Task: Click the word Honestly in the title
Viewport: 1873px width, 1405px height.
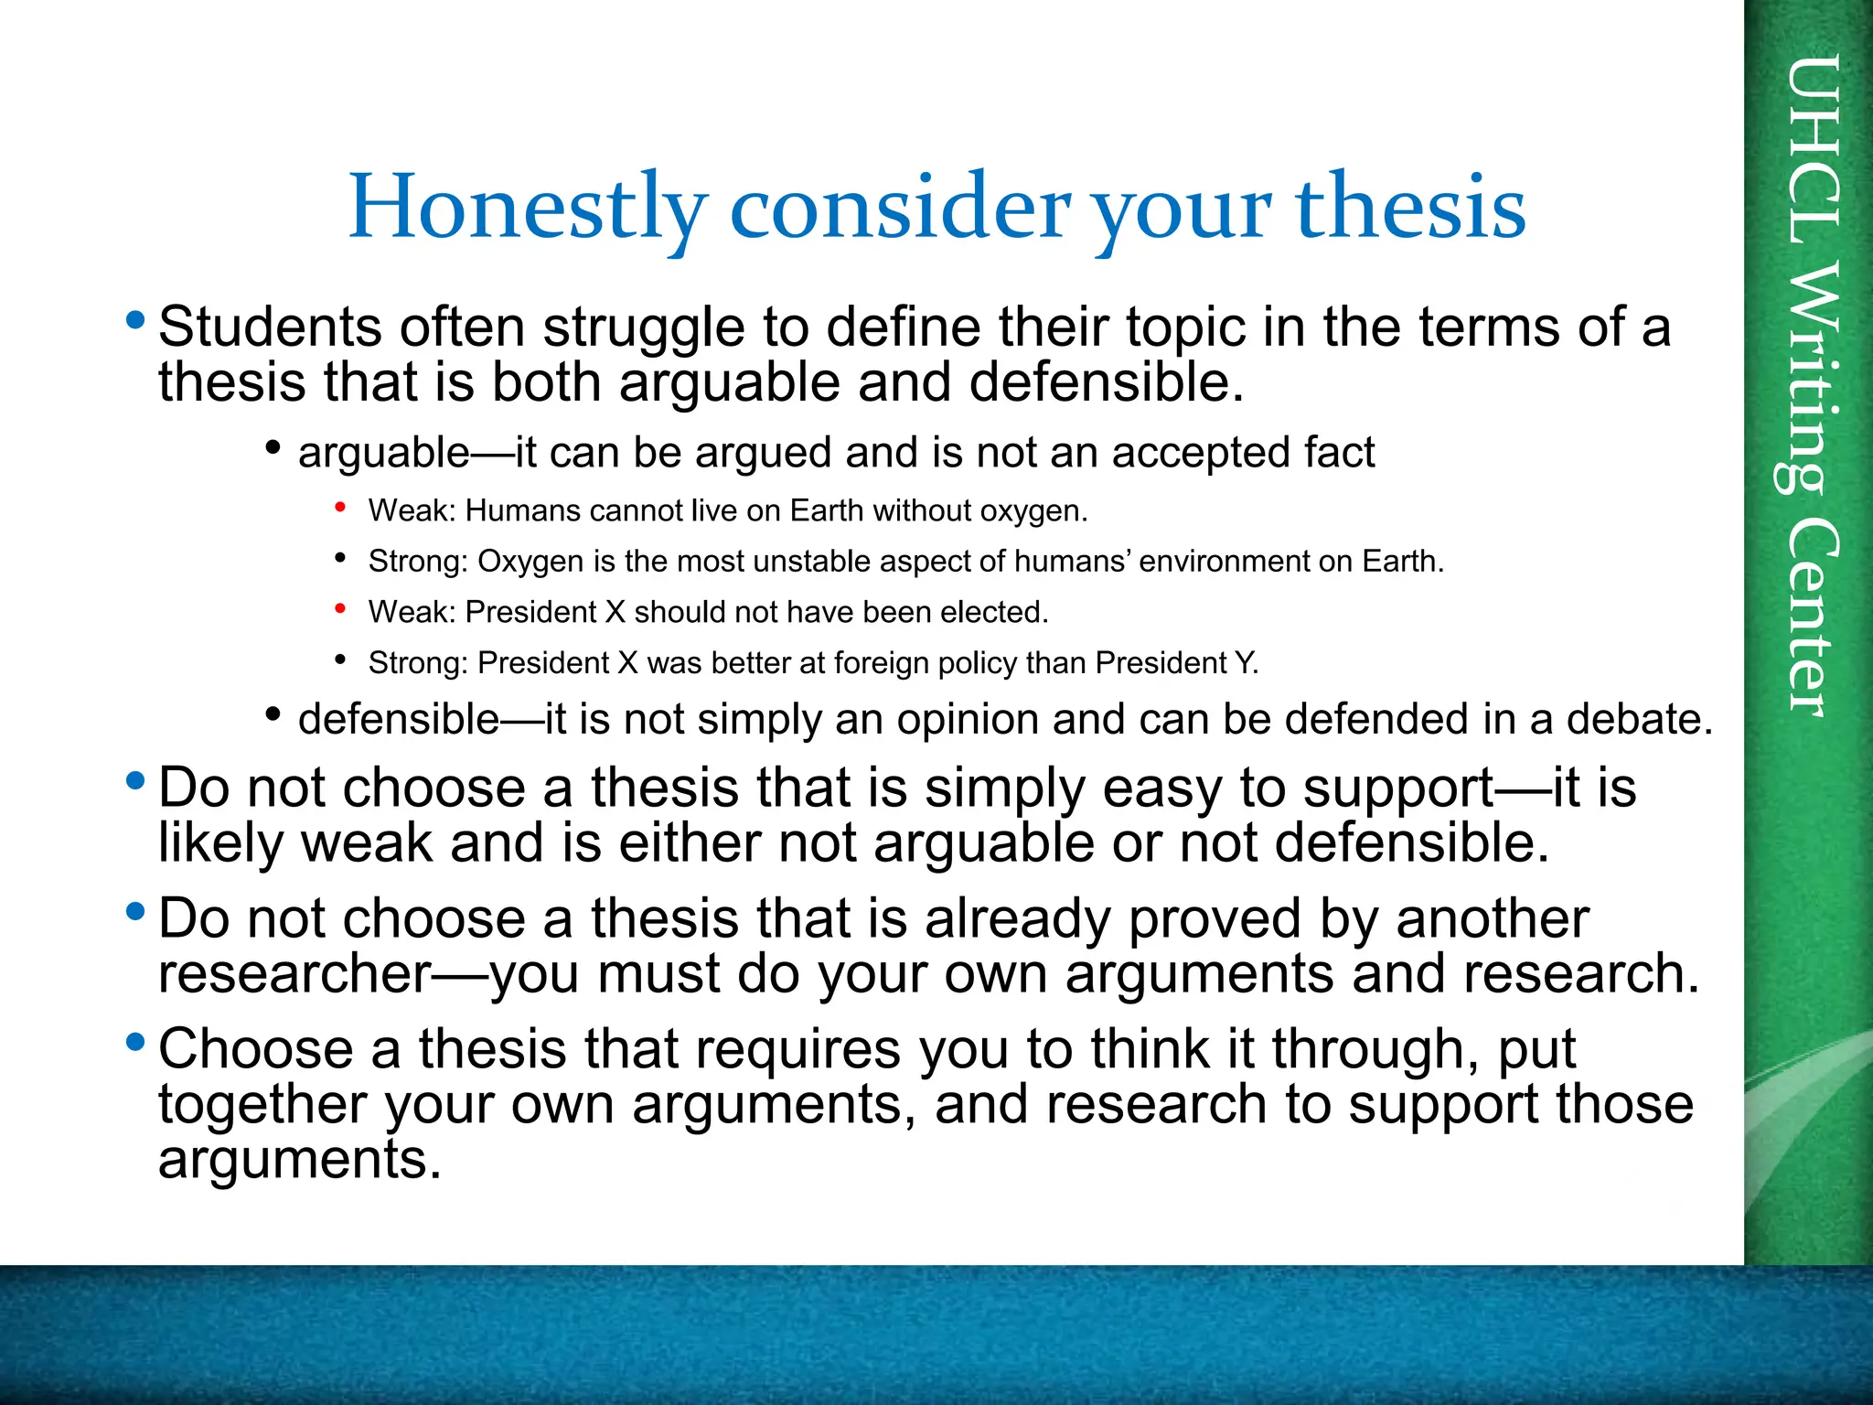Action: [x=528, y=209]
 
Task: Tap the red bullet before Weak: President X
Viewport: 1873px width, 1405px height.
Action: [x=340, y=608]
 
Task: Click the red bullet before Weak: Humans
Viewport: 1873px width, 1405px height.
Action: [x=340, y=507]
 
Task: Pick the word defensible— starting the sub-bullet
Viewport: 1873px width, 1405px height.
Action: [x=421, y=720]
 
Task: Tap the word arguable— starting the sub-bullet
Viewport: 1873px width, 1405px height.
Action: [x=406, y=453]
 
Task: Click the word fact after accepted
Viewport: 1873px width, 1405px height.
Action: [x=1340, y=453]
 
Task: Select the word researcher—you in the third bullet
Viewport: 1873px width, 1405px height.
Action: [x=369, y=974]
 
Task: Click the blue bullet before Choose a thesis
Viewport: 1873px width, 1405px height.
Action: [x=136, y=1041]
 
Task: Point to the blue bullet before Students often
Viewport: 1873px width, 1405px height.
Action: [x=136, y=320]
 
